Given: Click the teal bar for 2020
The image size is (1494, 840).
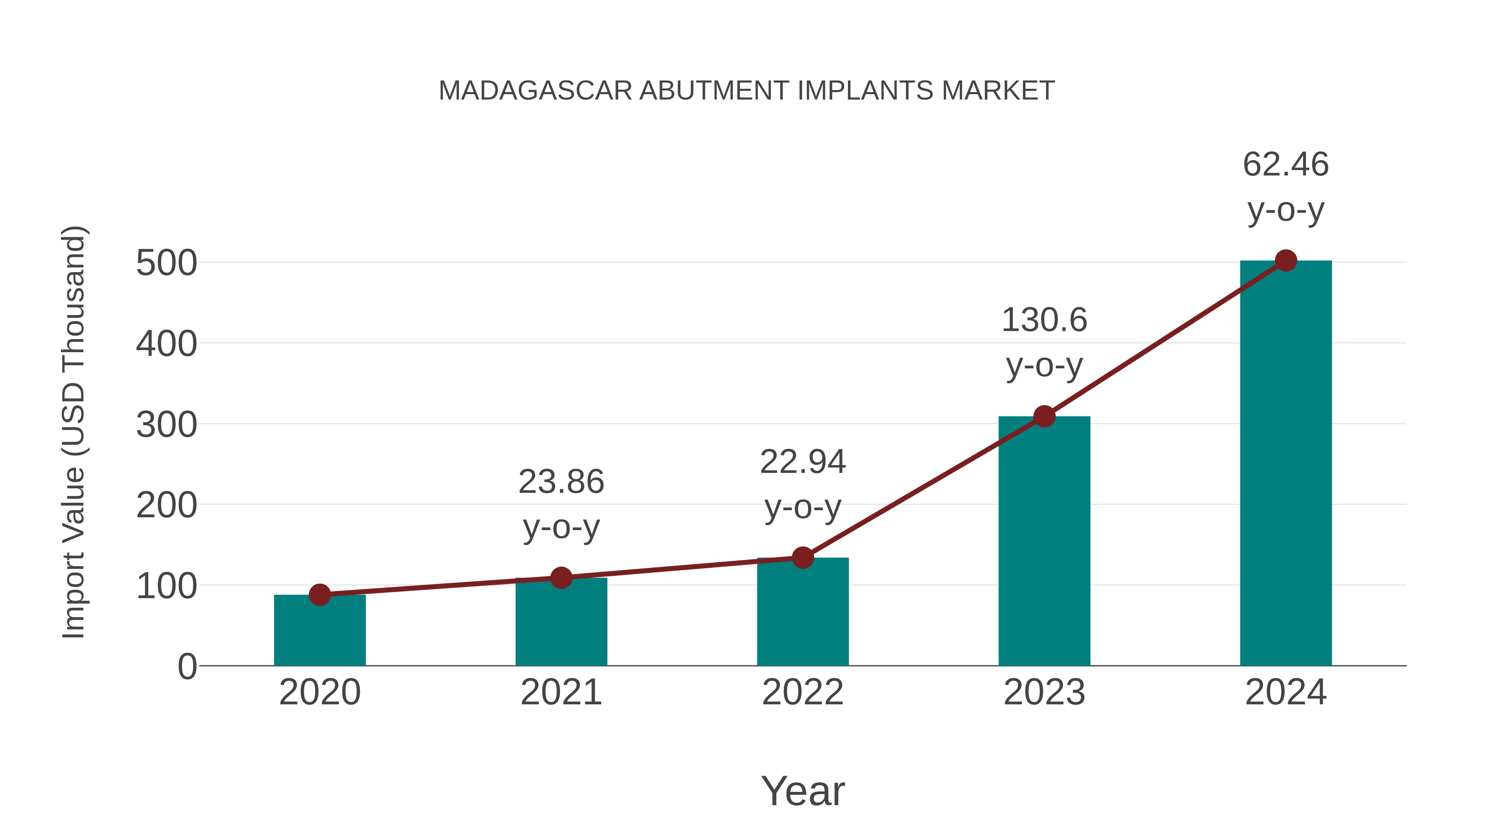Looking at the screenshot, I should click(320, 632).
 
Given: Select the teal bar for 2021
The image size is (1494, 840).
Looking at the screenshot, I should click(561, 623).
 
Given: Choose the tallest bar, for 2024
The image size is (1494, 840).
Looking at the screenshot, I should click(1286, 464).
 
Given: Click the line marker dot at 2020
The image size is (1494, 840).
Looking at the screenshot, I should click(320, 595).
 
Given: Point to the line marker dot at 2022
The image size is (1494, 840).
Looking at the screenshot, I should click(803, 558).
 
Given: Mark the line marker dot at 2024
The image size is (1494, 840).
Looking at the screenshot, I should click(1286, 261).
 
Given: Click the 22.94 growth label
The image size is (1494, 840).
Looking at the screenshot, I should click(803, 463).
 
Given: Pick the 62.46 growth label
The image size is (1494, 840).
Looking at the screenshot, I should click(1286, 165).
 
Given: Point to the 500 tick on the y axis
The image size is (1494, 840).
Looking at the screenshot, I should click(166, 264).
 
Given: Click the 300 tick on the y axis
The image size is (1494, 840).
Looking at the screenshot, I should click(166, 425).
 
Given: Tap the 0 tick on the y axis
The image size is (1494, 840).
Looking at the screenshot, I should click(187, 667).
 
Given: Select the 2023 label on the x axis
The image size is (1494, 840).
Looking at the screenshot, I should click(1044, 693).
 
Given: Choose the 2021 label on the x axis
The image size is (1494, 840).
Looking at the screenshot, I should click(561, 693).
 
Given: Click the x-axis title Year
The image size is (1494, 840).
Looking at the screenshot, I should click(803, 791).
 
